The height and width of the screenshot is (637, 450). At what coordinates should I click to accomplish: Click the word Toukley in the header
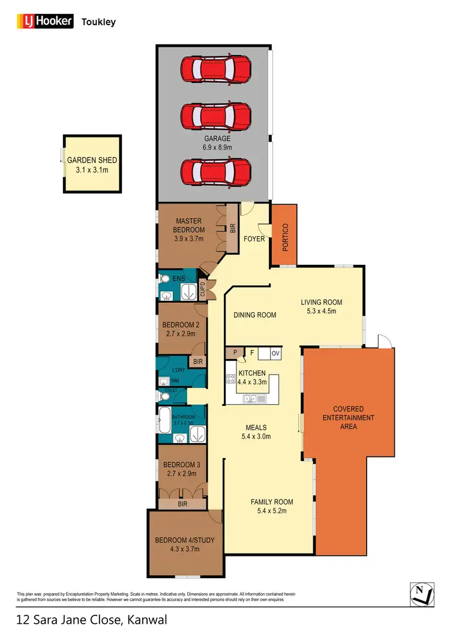[99, 22]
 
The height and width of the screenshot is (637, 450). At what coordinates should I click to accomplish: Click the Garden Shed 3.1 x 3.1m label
[92, 165]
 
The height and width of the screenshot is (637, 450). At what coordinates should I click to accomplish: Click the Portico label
[286, 235]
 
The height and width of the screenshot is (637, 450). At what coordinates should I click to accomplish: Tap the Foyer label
[254, 238]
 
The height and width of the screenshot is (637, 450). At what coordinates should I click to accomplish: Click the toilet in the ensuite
[164, 279]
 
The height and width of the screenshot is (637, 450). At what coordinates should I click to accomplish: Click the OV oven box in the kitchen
[276, 353]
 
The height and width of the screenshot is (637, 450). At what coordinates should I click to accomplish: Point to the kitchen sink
[251, 398]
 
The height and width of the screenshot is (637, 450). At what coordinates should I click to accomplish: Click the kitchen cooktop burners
[231, 379]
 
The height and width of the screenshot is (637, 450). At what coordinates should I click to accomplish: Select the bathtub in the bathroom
[164, 418]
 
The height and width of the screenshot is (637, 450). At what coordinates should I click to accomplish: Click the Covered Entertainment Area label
[349, 418]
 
